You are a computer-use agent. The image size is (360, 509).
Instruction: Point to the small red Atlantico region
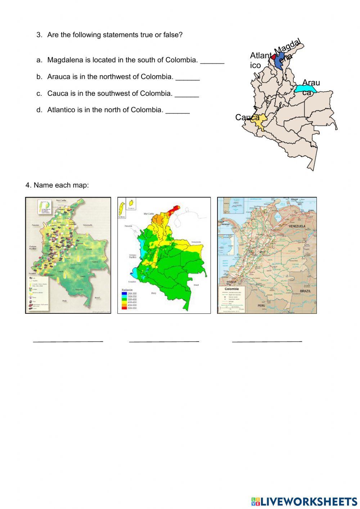coord(273,57)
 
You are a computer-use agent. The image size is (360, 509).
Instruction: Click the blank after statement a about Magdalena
coord(212,61)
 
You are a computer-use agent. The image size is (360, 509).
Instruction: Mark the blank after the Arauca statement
coord(188,77)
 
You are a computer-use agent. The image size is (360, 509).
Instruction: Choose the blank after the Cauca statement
coord(187,94)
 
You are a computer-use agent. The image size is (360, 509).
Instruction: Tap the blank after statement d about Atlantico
coord(177,111)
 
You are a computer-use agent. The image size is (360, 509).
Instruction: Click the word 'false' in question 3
coord(174,35)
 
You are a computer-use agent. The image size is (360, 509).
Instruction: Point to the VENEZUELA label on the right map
coord(297,226)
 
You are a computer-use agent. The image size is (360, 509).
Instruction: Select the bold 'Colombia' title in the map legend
coord(231,289)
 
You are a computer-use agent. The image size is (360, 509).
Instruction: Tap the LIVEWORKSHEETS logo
coord(304,501)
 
